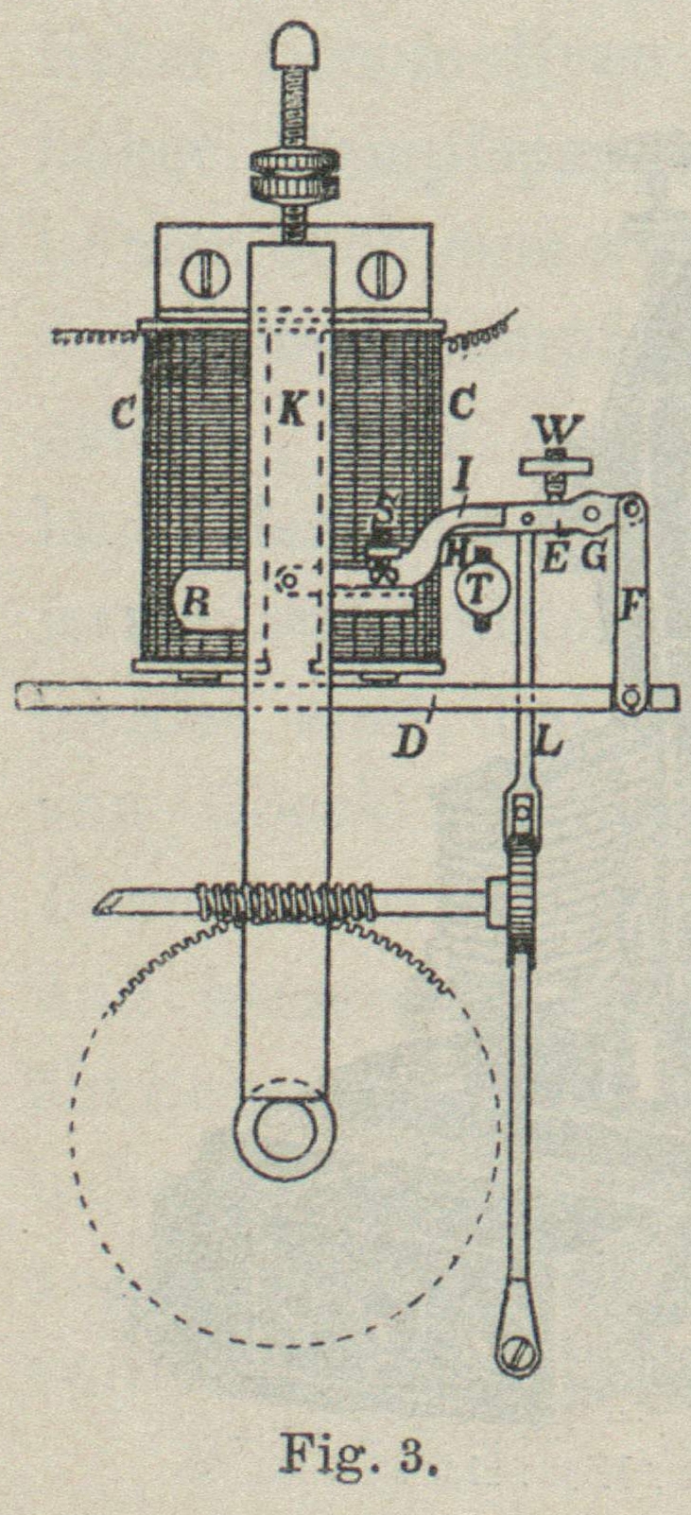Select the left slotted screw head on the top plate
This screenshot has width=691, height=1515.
[203, 274]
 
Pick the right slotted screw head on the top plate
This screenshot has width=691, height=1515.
[375, 274]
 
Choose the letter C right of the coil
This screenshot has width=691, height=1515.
[462, 407]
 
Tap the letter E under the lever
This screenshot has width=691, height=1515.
[556, 559]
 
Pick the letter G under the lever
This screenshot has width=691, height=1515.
[595, 558]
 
